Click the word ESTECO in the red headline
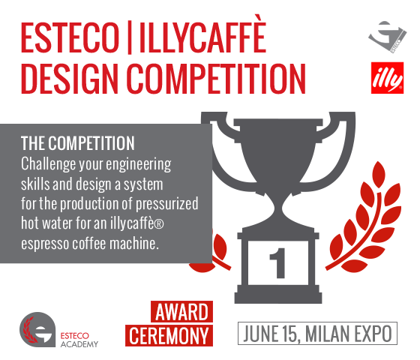70,37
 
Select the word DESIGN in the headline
70,79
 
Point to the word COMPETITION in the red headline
216,79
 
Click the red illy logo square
387,78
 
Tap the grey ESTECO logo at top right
387,36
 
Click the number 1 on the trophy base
277,262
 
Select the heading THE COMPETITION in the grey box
78,143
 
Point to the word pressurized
166,204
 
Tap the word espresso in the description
45,244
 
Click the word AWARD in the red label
181,312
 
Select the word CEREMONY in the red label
169,336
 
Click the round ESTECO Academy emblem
37,329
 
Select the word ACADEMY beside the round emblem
79,344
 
